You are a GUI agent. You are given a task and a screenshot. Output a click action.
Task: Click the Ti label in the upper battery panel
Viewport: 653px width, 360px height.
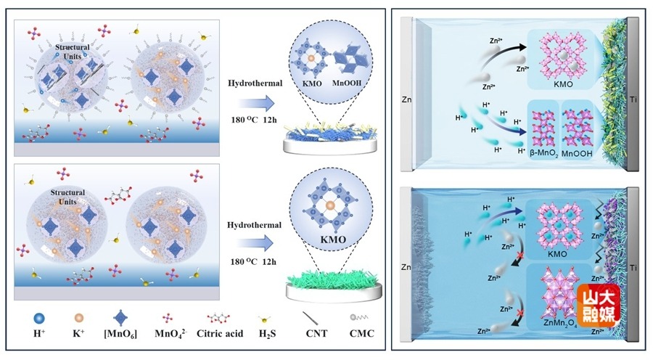coord(637,98)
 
